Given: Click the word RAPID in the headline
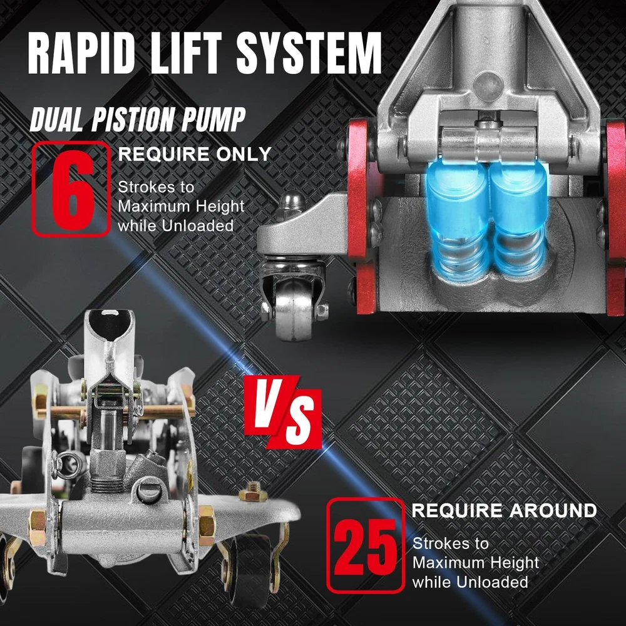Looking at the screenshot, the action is click(x=81, y=53).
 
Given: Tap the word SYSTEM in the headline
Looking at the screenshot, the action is click(x=309, y=53).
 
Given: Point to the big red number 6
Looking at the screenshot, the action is click(x=72, y=190).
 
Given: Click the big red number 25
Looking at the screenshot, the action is click(x=365, y=546).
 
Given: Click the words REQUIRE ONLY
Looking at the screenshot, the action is click(x=195, y=154).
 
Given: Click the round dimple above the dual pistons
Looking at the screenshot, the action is click(x=488, y=86).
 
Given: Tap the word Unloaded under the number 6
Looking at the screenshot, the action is click(x=198, y=225).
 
